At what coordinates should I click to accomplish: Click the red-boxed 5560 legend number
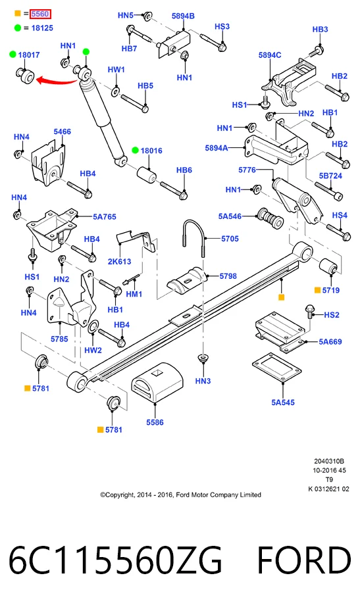pos(40,14)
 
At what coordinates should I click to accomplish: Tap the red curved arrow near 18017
pos(57,82)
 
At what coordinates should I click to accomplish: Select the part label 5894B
pos(183,16)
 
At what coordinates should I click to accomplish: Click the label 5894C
pos(270,55)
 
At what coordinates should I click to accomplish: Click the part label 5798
pos(228,276)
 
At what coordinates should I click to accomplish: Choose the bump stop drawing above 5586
pos(157,383)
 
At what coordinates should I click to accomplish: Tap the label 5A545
pos(283,402)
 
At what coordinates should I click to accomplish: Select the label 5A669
pos(330,342)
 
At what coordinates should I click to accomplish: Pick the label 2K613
pos(119,261)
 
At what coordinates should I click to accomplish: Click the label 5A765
pos(104,217)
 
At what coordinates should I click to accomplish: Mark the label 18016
pos(151,151)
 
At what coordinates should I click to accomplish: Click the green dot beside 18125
pos(18,28)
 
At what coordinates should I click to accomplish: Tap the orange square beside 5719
pos(317,290)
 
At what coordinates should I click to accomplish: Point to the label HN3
pos(203,381)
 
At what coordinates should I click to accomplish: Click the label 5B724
pos(330,176)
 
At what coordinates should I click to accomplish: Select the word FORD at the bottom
pos(304,560)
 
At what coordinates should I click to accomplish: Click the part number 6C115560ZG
pos(115,560)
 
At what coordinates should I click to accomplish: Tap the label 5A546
pos(230,216)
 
